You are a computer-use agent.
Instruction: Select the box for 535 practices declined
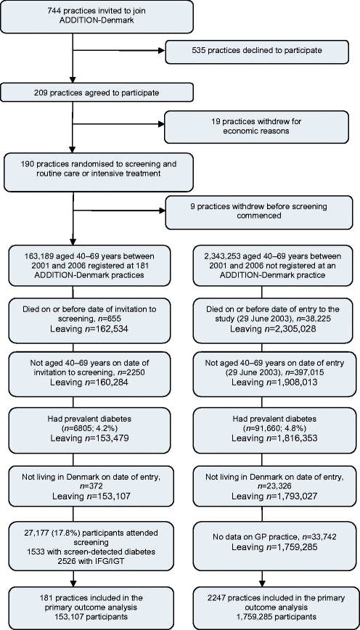click(261, 52)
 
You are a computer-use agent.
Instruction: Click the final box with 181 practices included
click(89, 609)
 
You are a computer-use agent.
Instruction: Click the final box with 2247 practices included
click(271, 609)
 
